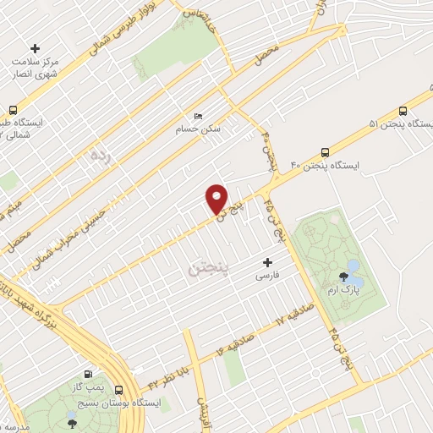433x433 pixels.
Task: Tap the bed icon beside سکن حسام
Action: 198,116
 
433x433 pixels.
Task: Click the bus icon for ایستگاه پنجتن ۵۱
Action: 403,111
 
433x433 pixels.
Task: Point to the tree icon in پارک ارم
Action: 343,277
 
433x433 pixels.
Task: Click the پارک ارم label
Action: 345,289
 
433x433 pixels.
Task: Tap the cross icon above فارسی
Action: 268,263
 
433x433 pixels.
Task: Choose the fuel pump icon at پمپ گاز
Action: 88,374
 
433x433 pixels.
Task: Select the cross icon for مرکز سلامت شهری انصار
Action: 35,48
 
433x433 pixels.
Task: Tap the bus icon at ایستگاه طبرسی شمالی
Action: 13,110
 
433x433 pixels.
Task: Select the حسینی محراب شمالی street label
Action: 79,223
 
